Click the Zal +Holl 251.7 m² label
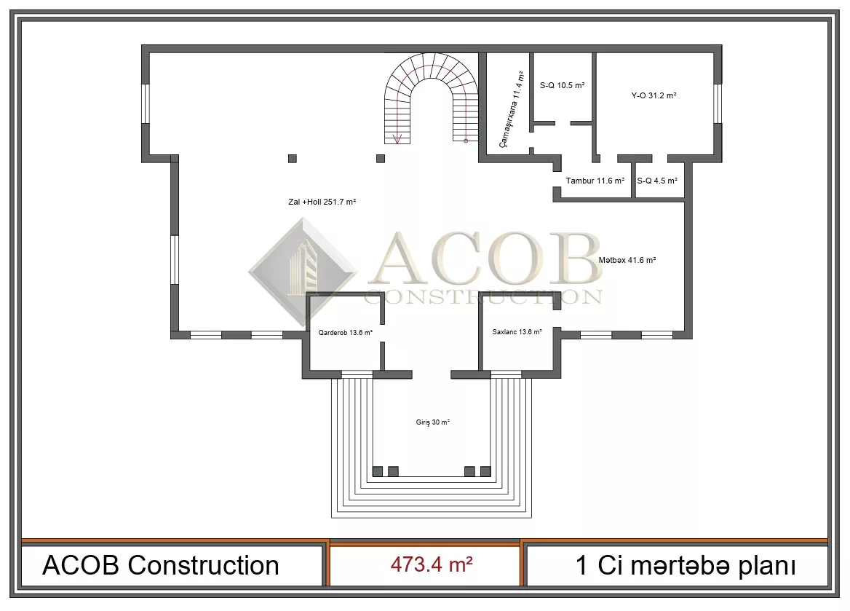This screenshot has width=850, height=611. coord(322,202)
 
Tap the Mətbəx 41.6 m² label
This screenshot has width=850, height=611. coord(627,260)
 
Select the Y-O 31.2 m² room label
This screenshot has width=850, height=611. coord(654,95)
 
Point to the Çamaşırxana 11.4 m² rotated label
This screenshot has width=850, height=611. coord(512,109)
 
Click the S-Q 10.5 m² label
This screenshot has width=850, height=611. coord(562,85)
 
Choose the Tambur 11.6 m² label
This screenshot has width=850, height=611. coord(595,181)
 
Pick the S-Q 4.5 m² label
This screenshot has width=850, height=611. coord(657,181)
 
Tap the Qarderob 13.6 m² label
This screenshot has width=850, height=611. coord(345,333)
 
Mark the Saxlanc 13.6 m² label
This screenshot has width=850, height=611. coord(517,331)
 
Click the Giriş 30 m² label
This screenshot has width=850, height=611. coord(432,422)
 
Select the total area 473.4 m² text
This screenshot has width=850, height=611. coord(432,564)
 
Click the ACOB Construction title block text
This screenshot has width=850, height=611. coord(160,565)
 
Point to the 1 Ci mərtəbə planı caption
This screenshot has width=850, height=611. coord(686,565)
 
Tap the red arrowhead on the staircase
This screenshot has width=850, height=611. coord(397,139)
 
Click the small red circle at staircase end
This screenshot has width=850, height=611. coord(466,141)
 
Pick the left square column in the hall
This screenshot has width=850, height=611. coord(293,159)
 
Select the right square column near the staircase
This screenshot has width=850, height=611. coord(381,159)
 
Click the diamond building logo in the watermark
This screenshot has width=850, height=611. coord(303,272)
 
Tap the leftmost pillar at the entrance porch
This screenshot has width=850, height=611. coord(377,471)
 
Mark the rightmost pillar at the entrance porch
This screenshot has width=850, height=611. coord(485,471)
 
